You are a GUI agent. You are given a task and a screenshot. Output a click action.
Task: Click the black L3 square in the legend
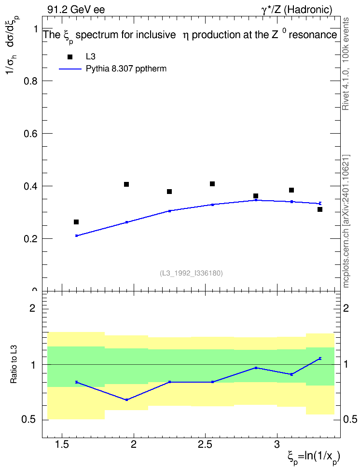coord(70,57)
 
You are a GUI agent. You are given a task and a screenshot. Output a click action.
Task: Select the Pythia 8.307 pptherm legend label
coord(126,69)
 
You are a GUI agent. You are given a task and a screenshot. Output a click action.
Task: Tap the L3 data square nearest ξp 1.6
coord(76,222)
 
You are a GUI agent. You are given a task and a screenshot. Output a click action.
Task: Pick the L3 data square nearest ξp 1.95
coord(126,184)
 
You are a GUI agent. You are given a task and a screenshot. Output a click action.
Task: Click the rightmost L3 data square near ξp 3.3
coord(320,209)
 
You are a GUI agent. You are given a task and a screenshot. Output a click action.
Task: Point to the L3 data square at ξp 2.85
coord(256,196)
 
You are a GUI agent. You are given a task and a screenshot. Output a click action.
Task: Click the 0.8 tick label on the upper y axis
coord(30,81)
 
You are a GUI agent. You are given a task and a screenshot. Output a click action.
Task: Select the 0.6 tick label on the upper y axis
coord(30,134)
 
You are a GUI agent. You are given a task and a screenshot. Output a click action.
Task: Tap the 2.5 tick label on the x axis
coord(205,445)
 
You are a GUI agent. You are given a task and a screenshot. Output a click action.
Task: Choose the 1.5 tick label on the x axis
coord(62,445)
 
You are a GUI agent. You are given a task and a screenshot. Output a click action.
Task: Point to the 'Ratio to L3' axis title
coord(14,364)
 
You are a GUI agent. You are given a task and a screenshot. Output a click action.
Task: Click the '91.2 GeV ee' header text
coord(76,10)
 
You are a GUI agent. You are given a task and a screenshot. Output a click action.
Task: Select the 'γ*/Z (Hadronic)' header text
coord(297,10)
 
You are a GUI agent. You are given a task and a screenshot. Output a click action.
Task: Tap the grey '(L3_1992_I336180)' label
coord(191,273)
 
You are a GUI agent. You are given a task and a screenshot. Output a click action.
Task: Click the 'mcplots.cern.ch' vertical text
coord(346,256)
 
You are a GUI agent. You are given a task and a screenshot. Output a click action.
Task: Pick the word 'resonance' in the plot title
coord(313,35)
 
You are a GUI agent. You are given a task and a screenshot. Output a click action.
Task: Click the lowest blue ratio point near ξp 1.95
coord(126,400)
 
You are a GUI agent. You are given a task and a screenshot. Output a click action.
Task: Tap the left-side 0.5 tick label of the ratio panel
coord(28,420)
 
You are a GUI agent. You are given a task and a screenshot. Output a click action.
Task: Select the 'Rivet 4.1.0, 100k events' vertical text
coord(346,64)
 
